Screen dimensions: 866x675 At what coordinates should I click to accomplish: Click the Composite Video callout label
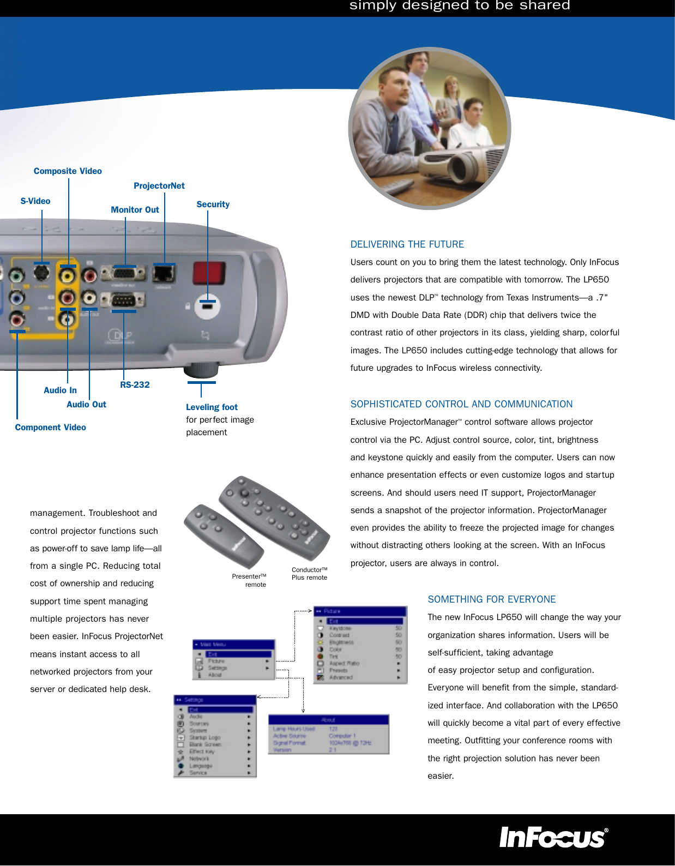(68, 171)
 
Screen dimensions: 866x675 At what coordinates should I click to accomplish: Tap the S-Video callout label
(35, 201)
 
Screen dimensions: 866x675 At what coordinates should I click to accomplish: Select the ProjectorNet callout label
(159, 186)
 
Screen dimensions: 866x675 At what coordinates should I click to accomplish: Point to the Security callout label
(213, 205)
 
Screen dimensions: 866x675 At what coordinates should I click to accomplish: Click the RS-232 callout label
(135, 385)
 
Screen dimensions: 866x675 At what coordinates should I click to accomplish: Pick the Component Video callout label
(51, 428)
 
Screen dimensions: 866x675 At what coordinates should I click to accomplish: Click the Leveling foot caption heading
(212, 407)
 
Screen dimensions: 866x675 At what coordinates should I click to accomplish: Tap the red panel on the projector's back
(209, 273)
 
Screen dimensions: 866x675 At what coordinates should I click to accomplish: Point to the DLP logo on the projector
(120, 335)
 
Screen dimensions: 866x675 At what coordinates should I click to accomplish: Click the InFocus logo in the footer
(553, 838)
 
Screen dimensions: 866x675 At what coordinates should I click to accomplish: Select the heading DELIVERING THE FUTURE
(407, 244)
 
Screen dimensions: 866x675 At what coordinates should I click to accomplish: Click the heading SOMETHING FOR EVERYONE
(491, 599)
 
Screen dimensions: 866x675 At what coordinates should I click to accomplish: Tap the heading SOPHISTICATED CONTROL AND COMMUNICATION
(461, 404)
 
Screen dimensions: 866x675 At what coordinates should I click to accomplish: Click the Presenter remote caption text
(250, 580)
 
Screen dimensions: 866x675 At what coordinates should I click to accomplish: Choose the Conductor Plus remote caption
(309, 574)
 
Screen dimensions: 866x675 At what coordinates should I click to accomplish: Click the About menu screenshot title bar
(328, 720)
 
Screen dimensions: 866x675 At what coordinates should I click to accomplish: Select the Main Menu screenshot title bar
(233, 644)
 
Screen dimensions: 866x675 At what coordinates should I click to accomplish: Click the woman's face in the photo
(451, 85)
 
